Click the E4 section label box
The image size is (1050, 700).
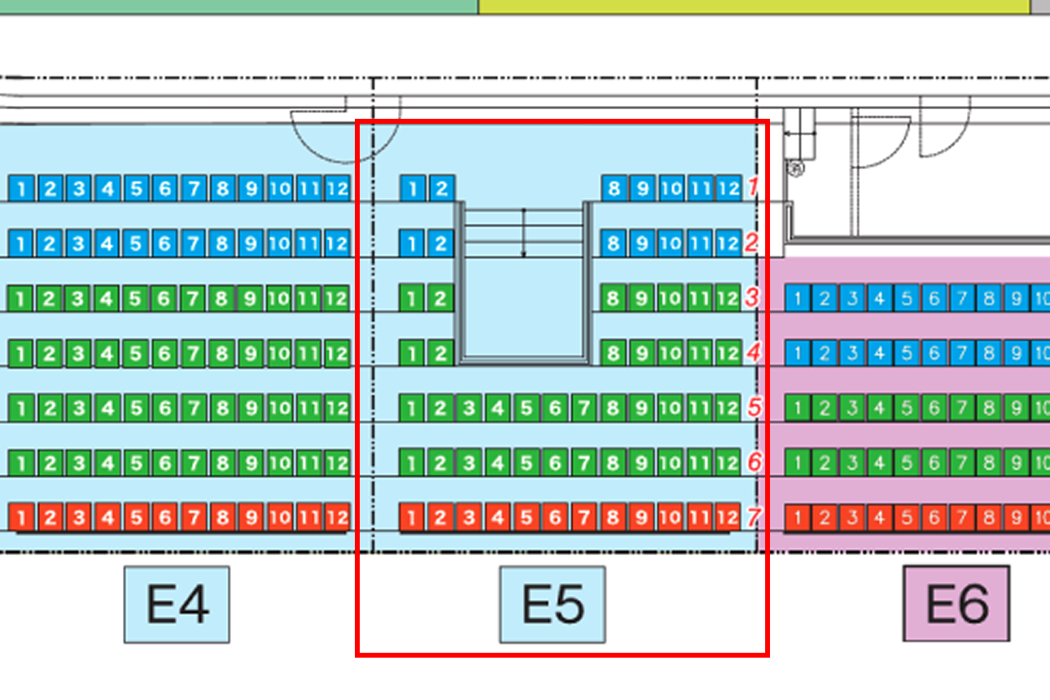(177, 604)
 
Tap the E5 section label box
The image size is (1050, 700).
(553, 604)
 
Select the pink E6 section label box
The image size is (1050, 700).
(956, 603)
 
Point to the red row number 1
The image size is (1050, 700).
(753, 186)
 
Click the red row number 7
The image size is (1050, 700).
(754, 517)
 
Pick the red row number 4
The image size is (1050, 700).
(754, 352)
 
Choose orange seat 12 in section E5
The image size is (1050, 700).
(728, 518)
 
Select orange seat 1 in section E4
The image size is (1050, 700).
(21, 518)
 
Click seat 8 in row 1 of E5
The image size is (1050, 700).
(614, 189)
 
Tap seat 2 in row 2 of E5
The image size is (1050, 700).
(440, 243)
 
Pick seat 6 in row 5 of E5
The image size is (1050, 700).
(555, 408)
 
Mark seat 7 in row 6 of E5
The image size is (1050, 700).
(584, 463)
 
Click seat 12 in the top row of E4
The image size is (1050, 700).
(338, 189)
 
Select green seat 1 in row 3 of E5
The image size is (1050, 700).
(412, 298)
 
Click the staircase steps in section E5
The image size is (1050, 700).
(523, 233)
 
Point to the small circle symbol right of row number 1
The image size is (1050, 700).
(795, 168)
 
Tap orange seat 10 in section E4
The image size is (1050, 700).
(280, 518)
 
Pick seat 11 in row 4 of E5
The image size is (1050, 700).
(699, 353)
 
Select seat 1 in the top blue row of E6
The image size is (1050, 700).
(798, 298)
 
